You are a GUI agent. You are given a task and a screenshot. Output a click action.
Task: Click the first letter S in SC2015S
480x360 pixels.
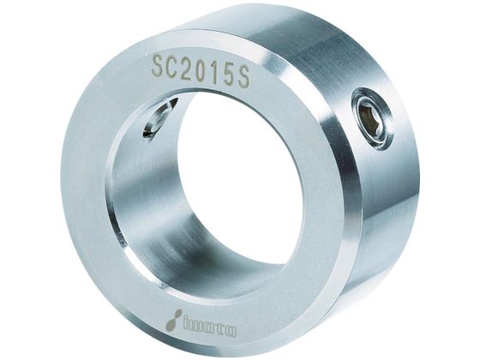[159, 66]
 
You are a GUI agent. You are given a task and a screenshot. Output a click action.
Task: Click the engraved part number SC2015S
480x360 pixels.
[201, 69]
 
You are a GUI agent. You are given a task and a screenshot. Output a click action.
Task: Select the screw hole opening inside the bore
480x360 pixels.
[159, 117]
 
